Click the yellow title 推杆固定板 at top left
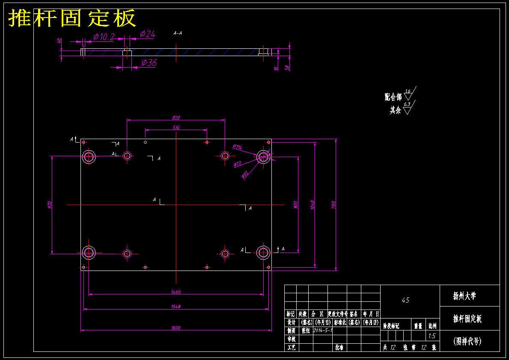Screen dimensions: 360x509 pyautogui.click(x=72, y=18)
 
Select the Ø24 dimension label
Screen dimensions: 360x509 pyautogui.click(x=147, y=34)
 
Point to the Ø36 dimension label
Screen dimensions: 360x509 pyautogui.click(x=149, y=62)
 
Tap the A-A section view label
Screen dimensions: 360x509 pyautogui.click(x=177, y=33)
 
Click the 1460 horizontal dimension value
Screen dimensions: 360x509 pyautogui.click(x=176, y=292)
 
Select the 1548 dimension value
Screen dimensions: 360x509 pyautogui.click(x=176, y=306)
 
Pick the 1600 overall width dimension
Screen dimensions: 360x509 pyautogui.click(x=176, y=328)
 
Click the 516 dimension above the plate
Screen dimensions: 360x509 pyautogui.click(x=176, y=128)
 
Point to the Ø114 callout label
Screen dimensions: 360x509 pyautogui.click(x=237, y=147)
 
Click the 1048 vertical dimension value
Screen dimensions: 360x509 pyautogui.click(x=313, y=205)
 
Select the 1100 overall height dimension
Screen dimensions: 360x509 pyautogui.click(x=334, y=205)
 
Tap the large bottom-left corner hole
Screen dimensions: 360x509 pyautogui.click(x=89, y=253)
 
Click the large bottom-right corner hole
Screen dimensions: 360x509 pyautogui.click(x=263, y=253)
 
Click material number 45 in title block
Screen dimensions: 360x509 pyautogui.click(x=405, y=300)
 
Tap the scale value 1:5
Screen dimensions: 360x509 pyautogui.click(x=432, y=336)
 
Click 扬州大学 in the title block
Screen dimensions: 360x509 pyautogui.click(x=464, y=296)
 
